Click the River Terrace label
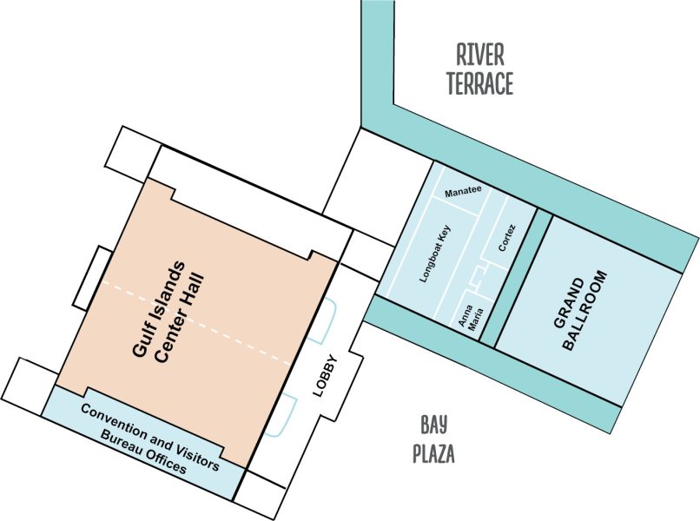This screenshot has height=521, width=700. [479, 69]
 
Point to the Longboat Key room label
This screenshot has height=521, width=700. [435, 256]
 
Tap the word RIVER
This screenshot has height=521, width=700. [479, 56]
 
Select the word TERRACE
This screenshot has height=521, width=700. [479, 83]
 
